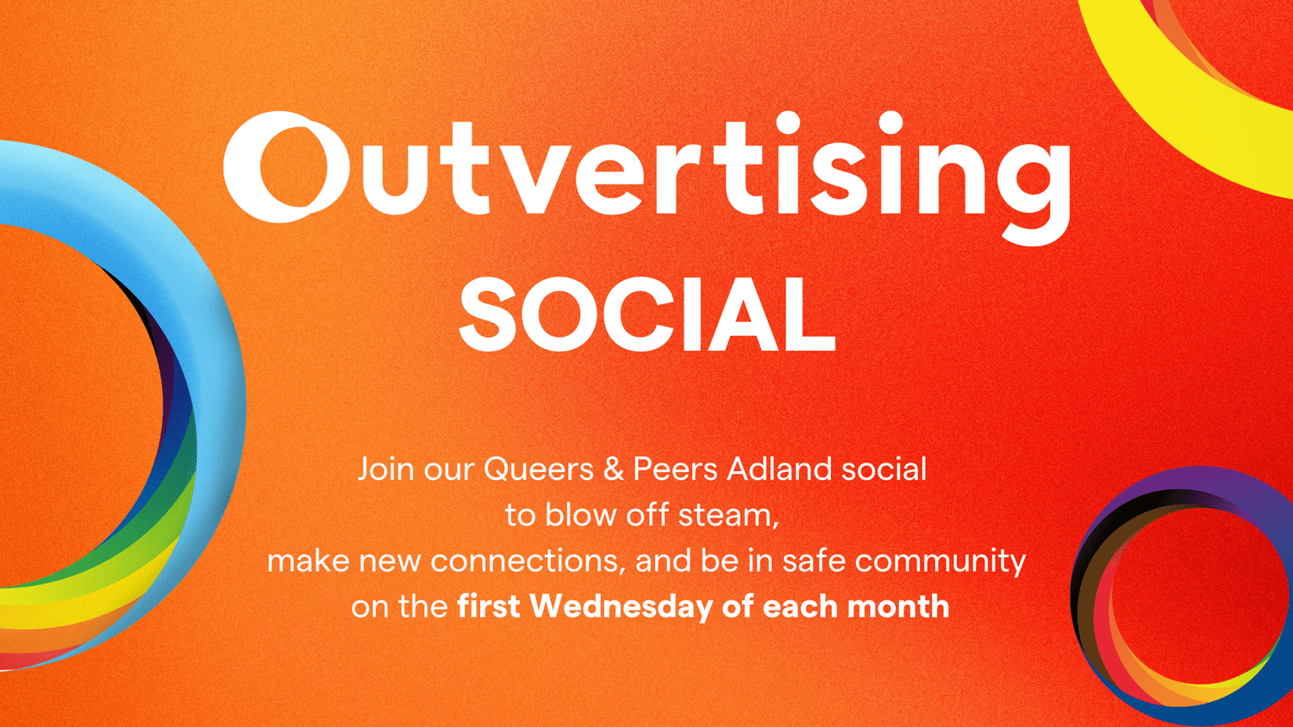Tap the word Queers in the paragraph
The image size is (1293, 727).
pos(539,469)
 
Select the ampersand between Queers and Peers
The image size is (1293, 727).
pos(614,469)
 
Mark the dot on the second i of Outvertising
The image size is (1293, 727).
pos(892,123)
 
